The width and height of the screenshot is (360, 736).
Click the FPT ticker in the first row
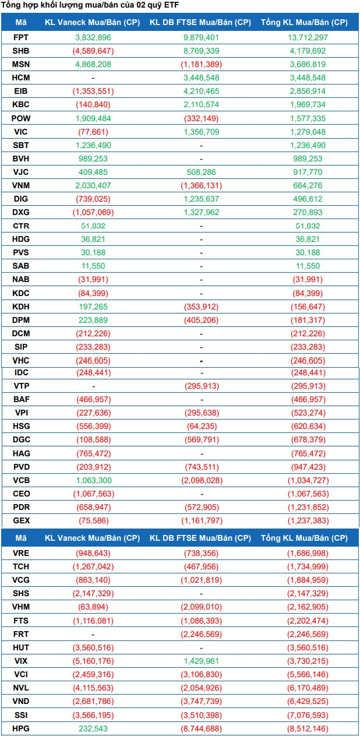click(x=20, y=37)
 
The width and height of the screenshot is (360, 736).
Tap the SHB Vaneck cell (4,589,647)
click(x=93, y=51)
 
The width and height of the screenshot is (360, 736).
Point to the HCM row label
click(x=20, y=78)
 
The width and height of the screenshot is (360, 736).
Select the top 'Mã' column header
click(x=20, y=23)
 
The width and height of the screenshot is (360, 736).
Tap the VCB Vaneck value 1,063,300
click(x=93, y=480)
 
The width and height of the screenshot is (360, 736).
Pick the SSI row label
click(x=20, y=714)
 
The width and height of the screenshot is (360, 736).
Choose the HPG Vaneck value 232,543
click(x=93, y=728)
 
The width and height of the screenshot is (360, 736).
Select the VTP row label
click(x=20, y=386)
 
